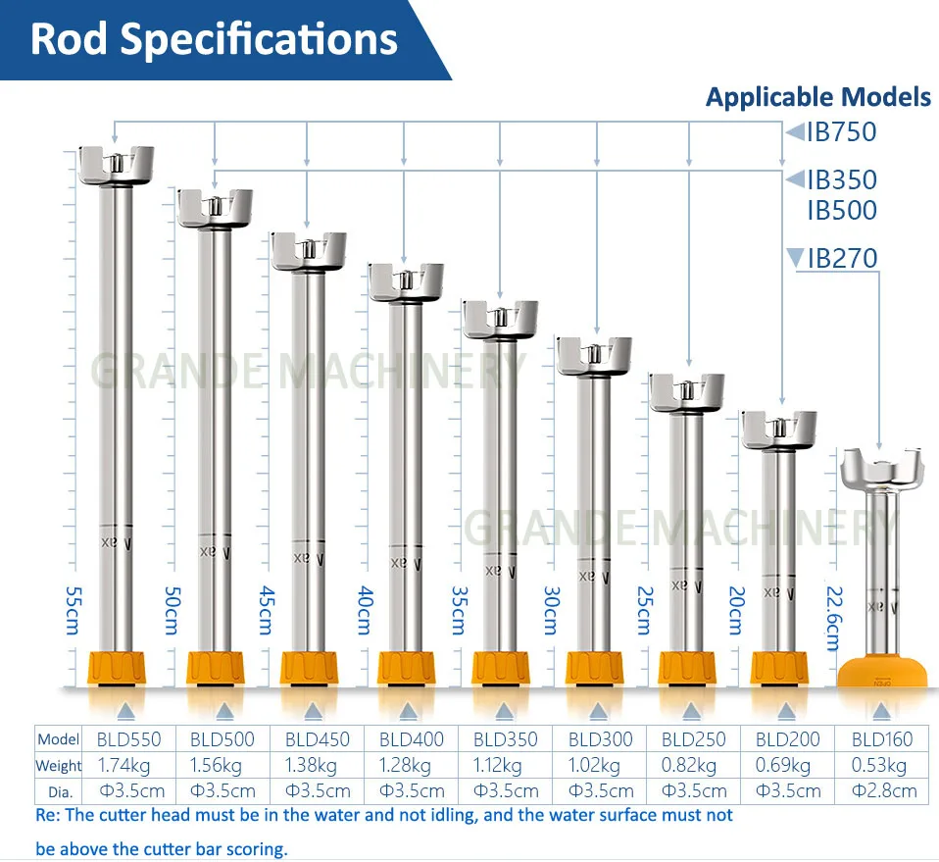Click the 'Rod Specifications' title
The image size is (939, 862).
[214, 39]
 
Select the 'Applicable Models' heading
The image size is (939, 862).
[818, 97]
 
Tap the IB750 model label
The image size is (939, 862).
[841, 131]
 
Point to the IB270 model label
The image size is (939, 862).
[841, 258]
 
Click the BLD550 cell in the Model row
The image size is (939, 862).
[128, 739]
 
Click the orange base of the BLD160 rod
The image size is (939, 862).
[883, 672]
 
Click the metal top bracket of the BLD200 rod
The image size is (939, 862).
[778, 430]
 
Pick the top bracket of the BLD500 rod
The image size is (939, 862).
[215, 207]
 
